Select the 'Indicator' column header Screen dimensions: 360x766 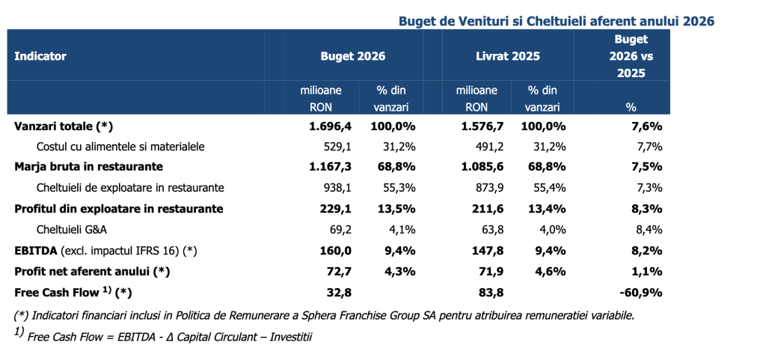coord(40,56)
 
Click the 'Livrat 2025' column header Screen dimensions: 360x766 coord(509,56)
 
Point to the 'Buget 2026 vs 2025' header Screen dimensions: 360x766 coord(631,56)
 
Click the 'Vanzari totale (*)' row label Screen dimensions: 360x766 coord(64,126)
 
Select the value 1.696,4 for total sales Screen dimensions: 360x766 coord(330,126)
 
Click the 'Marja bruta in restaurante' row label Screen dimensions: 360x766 coord(89,167)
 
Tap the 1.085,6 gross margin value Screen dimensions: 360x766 coord(486,167)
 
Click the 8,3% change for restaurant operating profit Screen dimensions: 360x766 coord(647,209)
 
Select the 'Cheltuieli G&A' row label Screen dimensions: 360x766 coord(73,230)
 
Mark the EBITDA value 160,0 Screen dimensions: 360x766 coord(336,251)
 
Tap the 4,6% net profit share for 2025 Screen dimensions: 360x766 coord(551,272)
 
